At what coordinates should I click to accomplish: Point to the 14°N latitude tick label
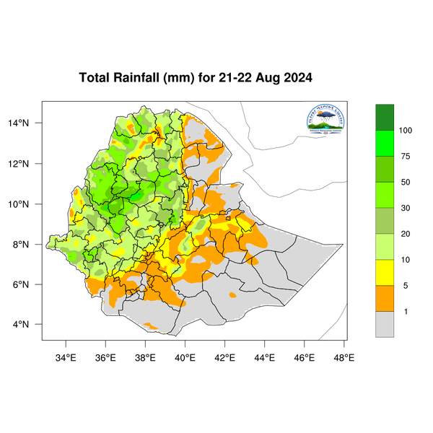(27, 123)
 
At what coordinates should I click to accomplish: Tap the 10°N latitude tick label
(27, 204)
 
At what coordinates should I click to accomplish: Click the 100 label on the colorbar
(406, 131)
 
